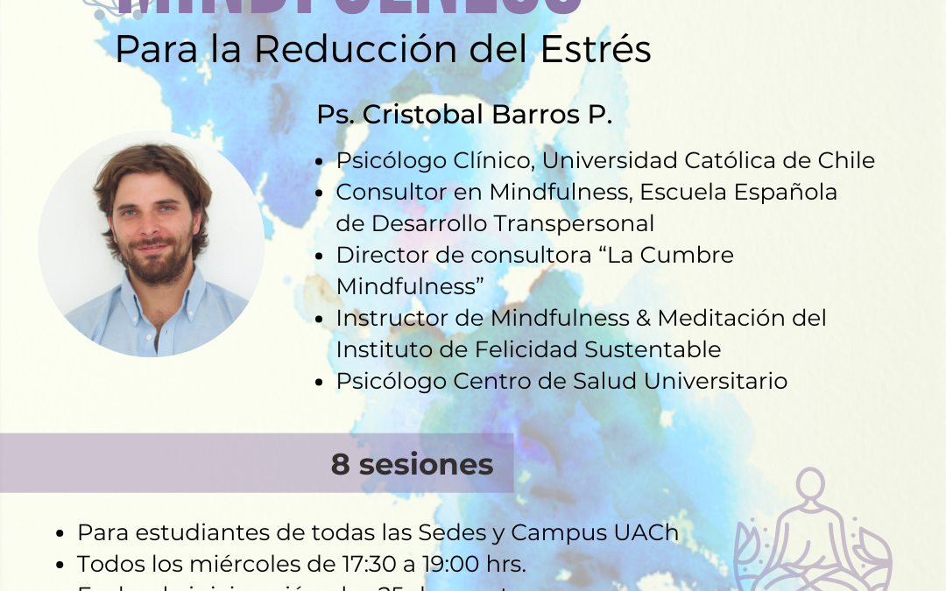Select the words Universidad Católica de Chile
pyautogui.click(x=708, y=161)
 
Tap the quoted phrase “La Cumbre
pyautogui.click(x=662, y=256)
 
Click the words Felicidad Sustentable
pyautogui.click(x=598, y=349)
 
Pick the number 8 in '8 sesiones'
pyautogui.click(x=340, y=464)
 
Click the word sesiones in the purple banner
pyautogui.click(x=426, y=464)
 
